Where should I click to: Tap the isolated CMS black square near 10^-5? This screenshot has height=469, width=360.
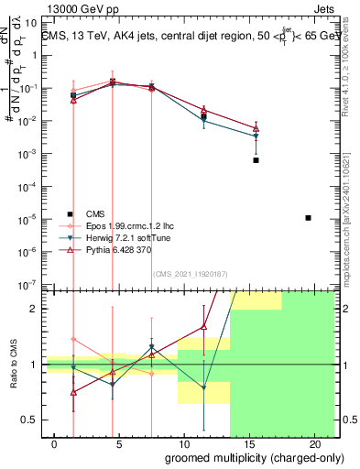tap(308, 217)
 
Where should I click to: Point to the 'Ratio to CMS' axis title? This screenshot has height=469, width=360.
tap(14, 364)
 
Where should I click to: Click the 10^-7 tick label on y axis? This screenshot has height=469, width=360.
tap(27, 285)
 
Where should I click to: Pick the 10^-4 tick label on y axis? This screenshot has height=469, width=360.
tap(27, 187)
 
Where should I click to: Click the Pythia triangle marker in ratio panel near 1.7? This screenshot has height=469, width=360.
tap(204, 326)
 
